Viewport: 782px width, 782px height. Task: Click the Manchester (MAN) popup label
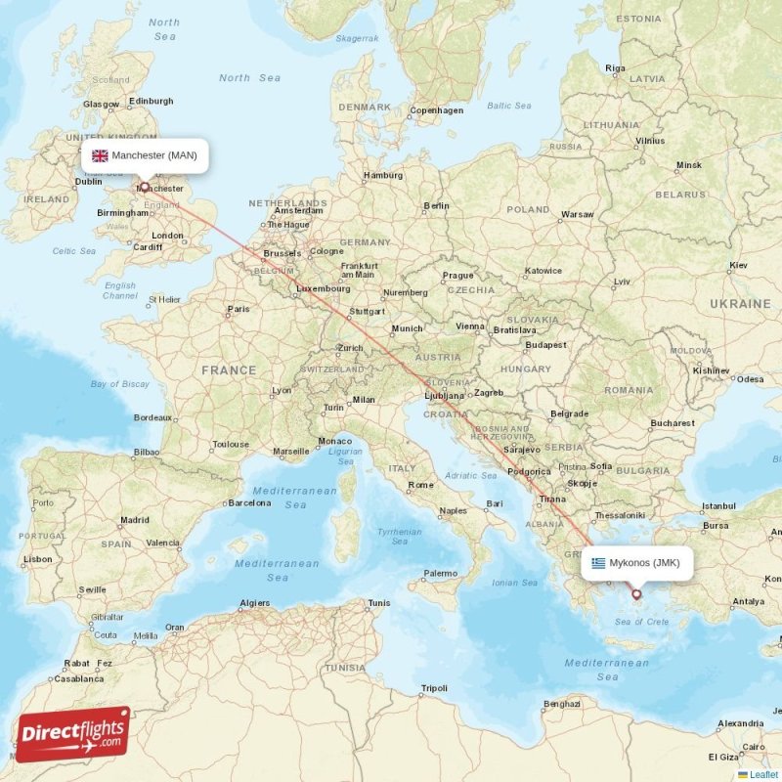(145, 155)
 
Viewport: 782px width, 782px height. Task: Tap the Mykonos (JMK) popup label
(636, 562)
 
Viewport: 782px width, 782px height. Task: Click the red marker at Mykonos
(636, 593)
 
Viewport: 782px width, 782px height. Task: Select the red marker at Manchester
(145, 186)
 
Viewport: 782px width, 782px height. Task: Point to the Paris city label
(239, 309)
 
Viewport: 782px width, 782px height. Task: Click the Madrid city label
(134, 520)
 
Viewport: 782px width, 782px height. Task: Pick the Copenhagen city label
(437, 110)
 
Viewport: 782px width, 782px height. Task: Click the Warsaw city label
(577, 214)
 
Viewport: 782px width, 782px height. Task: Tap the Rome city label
(421, 485)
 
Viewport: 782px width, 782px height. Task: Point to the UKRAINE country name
(740, 304)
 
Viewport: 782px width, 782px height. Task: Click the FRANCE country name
(229, 370)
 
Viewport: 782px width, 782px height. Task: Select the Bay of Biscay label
(120, 384)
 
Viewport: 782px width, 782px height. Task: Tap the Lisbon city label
(38, 559)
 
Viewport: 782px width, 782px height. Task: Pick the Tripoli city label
(433, 688)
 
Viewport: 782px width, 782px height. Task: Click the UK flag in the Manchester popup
(100, 155)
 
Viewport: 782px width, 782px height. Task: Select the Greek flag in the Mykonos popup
(598, 562)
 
